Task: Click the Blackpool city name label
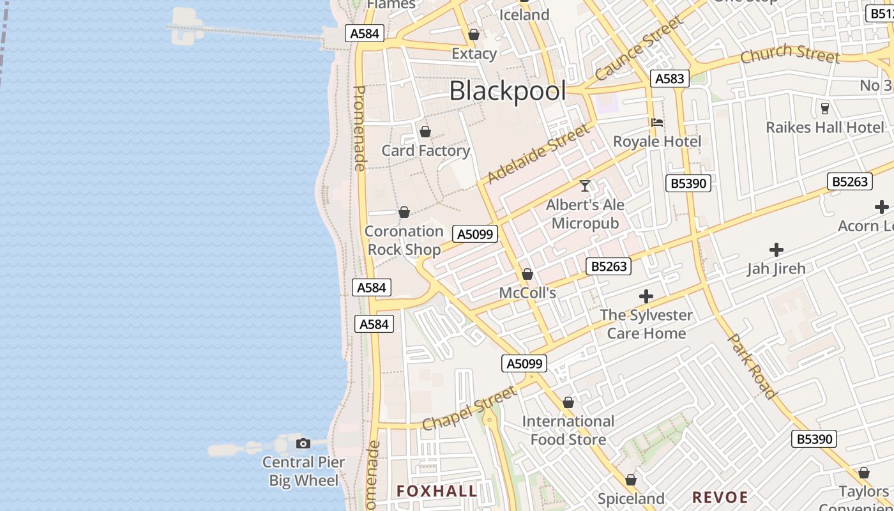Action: (x=508, y=91)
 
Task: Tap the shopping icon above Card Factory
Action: (x=425, y=132)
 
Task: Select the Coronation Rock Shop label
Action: (x=404, y=240)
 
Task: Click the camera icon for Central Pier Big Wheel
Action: (x=303, y=443)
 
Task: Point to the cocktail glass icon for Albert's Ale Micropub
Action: (x=585, y=186)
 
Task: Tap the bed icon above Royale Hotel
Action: (x=657, y=123)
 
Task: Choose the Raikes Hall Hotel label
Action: (x=825, y=127)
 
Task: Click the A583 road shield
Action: (x=670, y=79)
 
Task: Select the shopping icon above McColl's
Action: (x=527, y=275)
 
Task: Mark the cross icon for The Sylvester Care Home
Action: (x=646, y=296)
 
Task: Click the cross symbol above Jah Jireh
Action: (x=777, y=250)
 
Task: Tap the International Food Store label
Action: (x=568, y=431)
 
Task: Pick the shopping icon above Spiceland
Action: (x=631, y=480)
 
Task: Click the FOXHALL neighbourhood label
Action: (x=437, y=491)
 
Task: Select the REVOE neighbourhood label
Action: (x=720, y=497)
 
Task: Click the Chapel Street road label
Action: (x=469, y=408)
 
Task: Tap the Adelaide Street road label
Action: (x=538, y=154)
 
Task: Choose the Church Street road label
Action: (x=790, y=54)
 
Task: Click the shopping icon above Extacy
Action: (x=474, y=34)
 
